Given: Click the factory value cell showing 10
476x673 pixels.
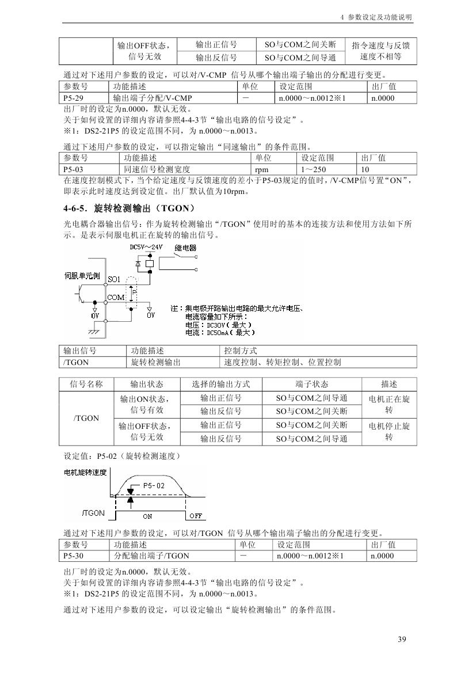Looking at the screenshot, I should [x=365, y=169].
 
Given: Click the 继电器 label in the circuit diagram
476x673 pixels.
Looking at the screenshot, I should [x=185, y=248].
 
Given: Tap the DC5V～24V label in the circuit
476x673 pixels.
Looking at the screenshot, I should [x=146, y=246].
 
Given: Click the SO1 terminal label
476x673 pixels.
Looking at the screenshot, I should [x=114, y=279].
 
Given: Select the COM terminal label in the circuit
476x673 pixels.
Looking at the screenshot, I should [x=116, y=297].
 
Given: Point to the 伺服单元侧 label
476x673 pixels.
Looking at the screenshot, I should [x=82, y=276].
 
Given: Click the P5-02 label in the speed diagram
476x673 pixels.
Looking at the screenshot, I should [x=154, y=485].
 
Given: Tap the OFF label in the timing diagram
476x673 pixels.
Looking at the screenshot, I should [x=196, y=515].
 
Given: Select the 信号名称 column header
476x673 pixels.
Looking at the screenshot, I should [x=86, y=384].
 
